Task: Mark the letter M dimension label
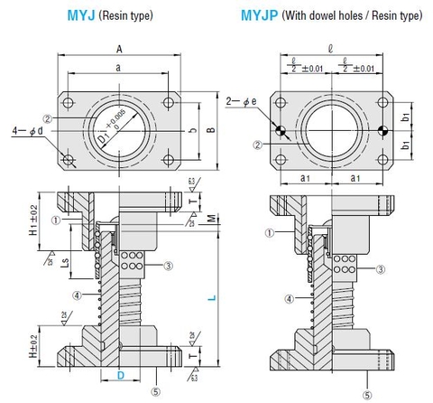coord(210,218)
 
